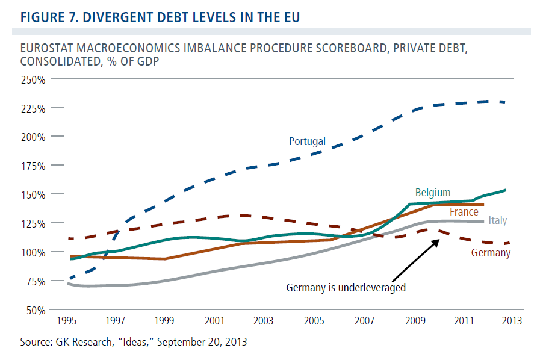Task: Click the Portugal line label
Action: (x=307, y=141)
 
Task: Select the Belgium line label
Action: (x=432, y=193)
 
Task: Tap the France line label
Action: (x=464, y=212)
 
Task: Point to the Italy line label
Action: (x=497, y=220)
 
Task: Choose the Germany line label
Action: (x=491, y=253)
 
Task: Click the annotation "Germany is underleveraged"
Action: (x=346, y=287)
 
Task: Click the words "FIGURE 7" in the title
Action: (x=45, y=16)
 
